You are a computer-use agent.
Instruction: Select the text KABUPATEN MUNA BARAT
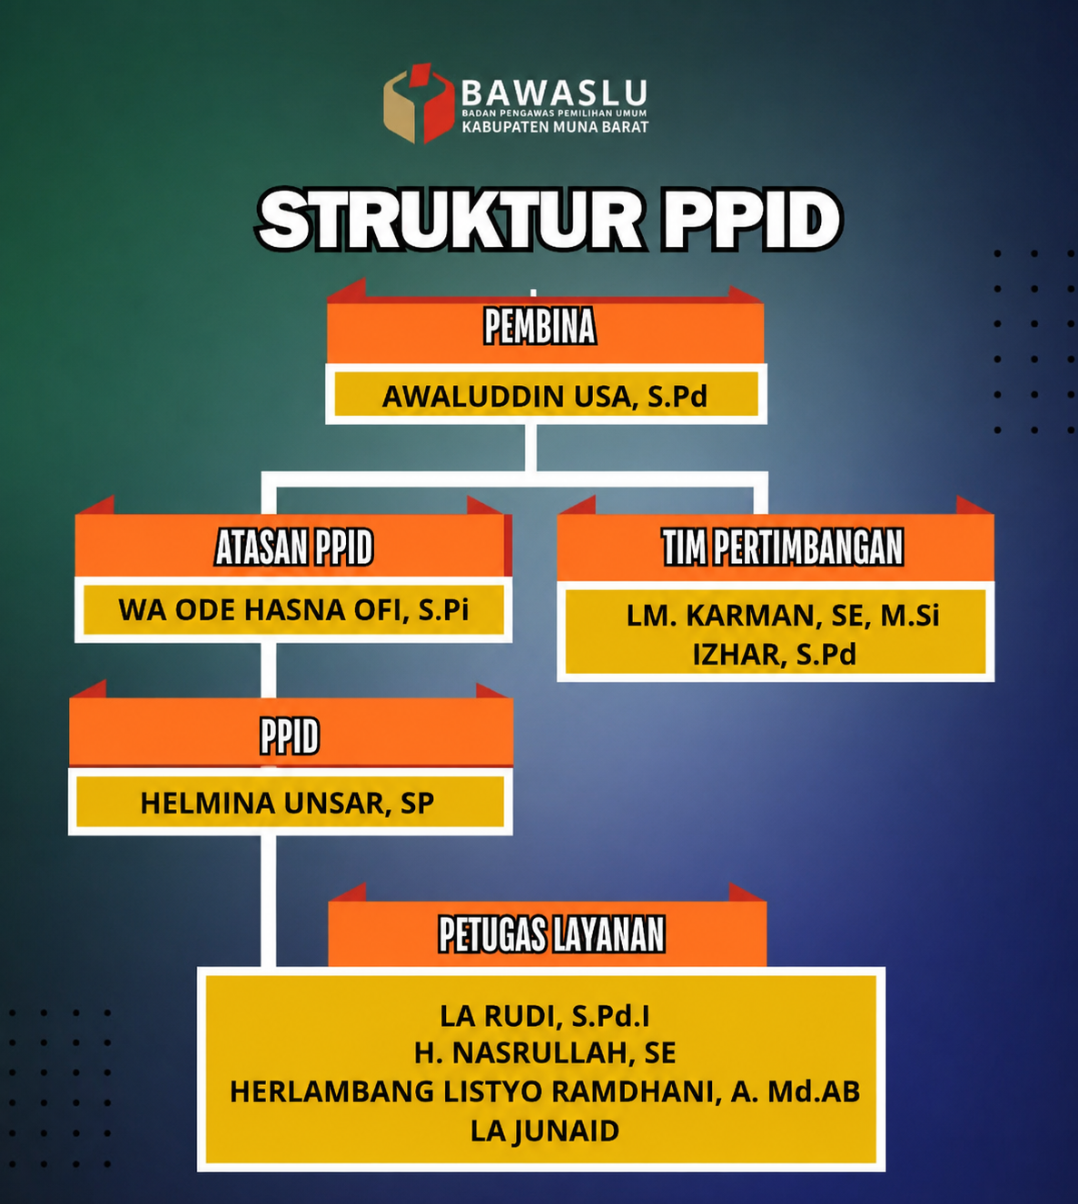(556, 126)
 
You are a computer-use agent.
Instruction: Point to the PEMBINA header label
(539, 326)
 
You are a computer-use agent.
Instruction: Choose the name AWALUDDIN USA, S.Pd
(545, 397)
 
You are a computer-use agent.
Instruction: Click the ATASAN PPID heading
(293, 547)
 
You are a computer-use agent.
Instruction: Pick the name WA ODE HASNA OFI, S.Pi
(293, 610)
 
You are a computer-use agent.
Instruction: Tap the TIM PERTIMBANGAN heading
(783, 547)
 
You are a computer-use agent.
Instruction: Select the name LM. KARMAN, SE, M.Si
(783, 616)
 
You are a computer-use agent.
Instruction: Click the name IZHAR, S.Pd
(775, 655)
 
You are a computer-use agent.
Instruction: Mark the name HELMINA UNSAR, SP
(287, 803)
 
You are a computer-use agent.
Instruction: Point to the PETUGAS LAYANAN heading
(551, 934)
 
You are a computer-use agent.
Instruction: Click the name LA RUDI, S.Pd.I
(545, 1016)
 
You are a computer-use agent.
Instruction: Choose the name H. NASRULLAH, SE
(545, 1053)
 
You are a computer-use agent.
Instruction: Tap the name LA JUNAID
(545, 1130)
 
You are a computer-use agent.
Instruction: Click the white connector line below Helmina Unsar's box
(268, 901)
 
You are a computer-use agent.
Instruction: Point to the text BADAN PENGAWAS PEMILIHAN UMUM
(555, 113)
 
